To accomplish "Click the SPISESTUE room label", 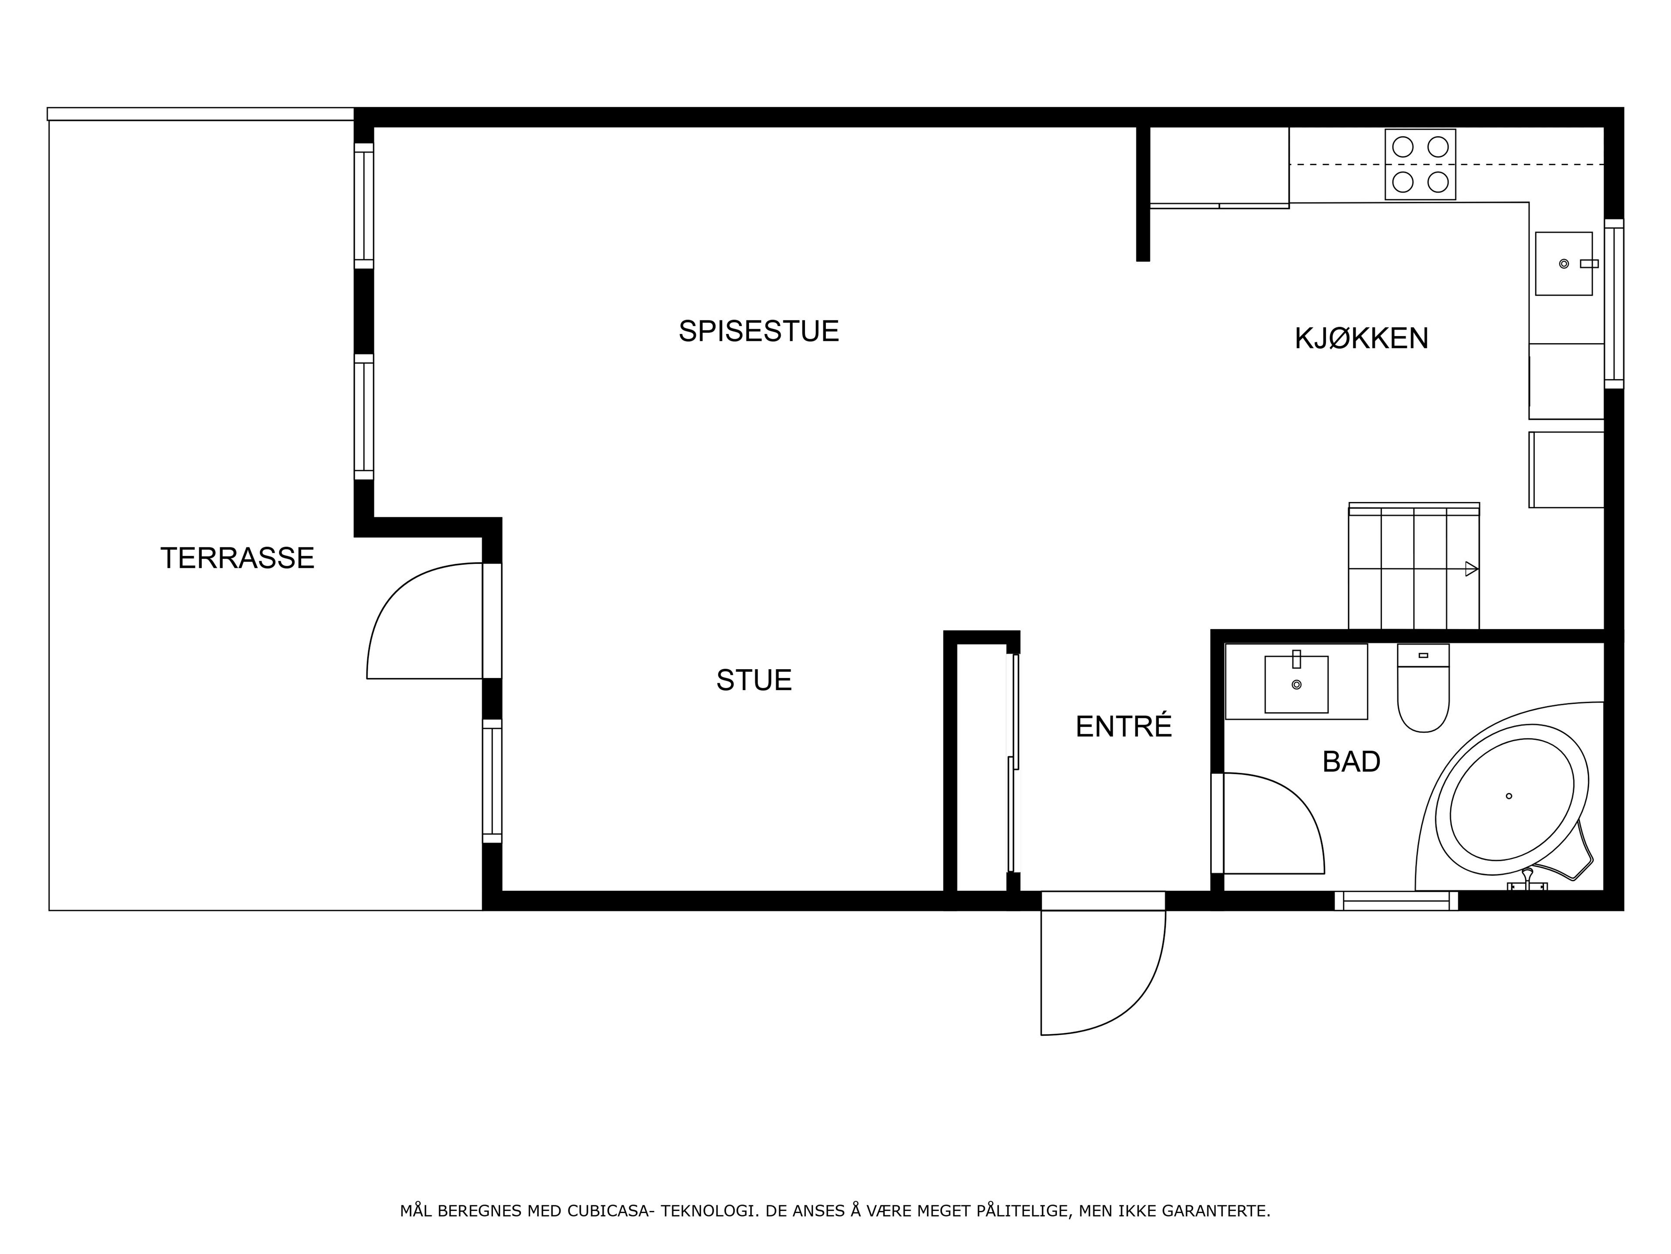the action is pyautogui.click(x=758, y=331).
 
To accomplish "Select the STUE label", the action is pyautogui.click(x=754, y=680).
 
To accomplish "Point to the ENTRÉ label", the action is pyautogui.click(x=1123, y=726).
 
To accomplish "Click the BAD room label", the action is pyautogui.click(x=1352, y=762).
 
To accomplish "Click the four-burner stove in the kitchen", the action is pyautogui.click(x=1420, y=165).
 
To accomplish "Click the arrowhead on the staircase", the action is pyautogui.click(x=1472, y=569).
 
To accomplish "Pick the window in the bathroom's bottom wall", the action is pyautogui.click(x=1396, y=901).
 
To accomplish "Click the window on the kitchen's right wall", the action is pyautogui.click(x=1614, y=304).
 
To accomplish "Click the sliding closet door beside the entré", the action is pyautogui.click(x=1013, y=763).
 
